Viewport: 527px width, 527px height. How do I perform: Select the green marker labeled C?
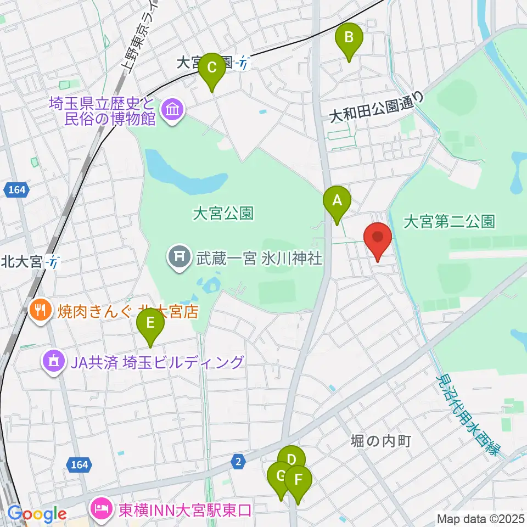coord(211,69)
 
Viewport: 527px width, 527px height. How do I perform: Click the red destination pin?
coord(378,238)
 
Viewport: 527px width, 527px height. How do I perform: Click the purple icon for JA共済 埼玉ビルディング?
coord(53,362)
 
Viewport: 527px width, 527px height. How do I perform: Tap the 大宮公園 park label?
coord(223,213)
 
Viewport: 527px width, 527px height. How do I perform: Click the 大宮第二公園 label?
coord(449,222)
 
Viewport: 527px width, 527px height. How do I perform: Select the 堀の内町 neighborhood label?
coord(381,440)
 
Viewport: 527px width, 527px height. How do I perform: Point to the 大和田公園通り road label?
coord(378,108)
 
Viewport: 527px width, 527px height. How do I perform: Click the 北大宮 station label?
coord(22,262)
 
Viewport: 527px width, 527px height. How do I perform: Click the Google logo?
coord(37,514)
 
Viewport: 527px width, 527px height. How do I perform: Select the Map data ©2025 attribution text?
coord(481,519)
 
